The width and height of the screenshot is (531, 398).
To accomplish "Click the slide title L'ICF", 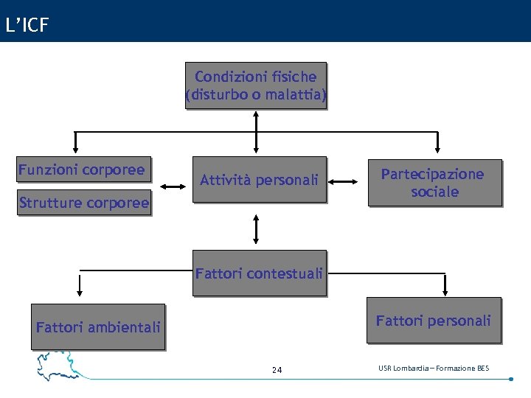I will pyautogui.click(x=27, y=26).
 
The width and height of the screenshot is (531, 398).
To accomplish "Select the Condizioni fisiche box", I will pyautogui.click(x=255, y=85).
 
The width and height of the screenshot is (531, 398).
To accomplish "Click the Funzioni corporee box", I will pyautogui.click(x=83, y=170).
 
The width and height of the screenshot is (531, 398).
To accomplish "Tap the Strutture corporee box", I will pyautogui.click(x=84, y=203).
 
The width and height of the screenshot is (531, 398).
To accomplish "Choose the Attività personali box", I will pyautogui.click(x=259, y=180).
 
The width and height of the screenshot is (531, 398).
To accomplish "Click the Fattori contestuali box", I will pyautogui.click(x=259, y=273).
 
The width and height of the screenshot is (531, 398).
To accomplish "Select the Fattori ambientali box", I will pyautogui.click(x=98, y=326).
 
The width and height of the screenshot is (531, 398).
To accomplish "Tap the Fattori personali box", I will pyautogui.click(x=433, y=321).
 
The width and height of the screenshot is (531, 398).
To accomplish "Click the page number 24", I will pyautogui.click(x=277, y=370).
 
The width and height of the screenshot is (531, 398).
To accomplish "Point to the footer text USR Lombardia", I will pyautogui.click(x=433, y=368).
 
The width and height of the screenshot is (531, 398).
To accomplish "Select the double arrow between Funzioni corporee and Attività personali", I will pyautogui.click(x=173, y=186).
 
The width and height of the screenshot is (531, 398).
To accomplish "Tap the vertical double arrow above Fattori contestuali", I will pyautogui.click(x=256, y=228).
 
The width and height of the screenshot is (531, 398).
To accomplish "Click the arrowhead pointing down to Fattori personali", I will pyautogui.click(x=445, y=290).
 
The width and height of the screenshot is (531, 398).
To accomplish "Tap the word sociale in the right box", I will pyautogui.click(x=435, y=192).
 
